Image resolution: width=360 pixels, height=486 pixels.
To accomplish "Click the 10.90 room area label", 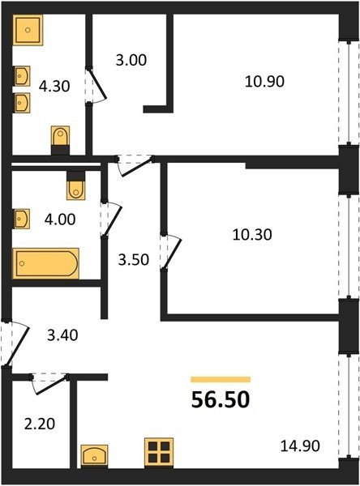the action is tap(264, 82).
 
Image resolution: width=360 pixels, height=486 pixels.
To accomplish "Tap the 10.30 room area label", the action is tap(252, 235).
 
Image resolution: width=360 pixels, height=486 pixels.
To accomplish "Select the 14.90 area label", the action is tap(300, 446).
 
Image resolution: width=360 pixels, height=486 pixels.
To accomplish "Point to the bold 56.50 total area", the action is tap(221, 399).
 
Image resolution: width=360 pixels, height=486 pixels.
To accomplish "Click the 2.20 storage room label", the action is tap(40, 424).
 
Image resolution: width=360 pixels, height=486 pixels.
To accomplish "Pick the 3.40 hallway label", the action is tap(62, 335).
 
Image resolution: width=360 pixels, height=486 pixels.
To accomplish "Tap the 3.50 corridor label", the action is tap(134, 260).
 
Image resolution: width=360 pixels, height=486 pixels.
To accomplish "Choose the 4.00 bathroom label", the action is tap(60, 220).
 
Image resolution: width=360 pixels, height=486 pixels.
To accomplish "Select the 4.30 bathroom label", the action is tap(54, 86).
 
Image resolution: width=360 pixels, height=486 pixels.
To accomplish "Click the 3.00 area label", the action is tap(131, 60).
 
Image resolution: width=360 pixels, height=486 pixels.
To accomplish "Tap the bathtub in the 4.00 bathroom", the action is tap(45, 263).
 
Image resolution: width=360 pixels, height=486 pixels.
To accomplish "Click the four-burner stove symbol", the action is tap(159, 453).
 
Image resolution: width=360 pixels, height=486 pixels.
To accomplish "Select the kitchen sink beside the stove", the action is tap(94, 456).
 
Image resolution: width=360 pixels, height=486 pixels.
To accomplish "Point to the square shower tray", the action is tap(28, 30).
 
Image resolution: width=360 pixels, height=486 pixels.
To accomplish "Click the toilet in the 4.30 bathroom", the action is tap(60, 140).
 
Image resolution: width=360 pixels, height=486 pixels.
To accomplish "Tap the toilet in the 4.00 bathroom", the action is tap(75, 185).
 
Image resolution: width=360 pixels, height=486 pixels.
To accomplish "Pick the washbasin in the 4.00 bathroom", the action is tap(22, 219).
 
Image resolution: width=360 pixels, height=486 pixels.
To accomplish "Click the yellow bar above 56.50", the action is tap(221, 379).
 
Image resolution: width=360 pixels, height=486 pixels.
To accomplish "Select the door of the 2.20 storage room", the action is tap(49, 384).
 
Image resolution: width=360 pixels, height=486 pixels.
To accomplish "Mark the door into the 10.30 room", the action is tap(170, 251).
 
